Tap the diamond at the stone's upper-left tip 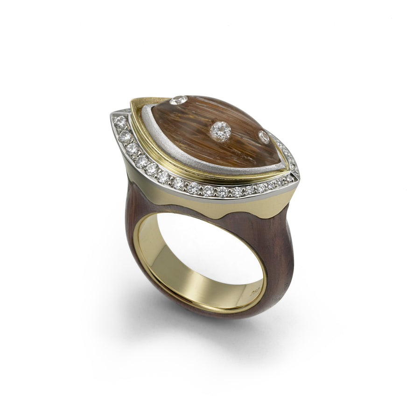(179, 100)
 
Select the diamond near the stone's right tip (264, 137)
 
